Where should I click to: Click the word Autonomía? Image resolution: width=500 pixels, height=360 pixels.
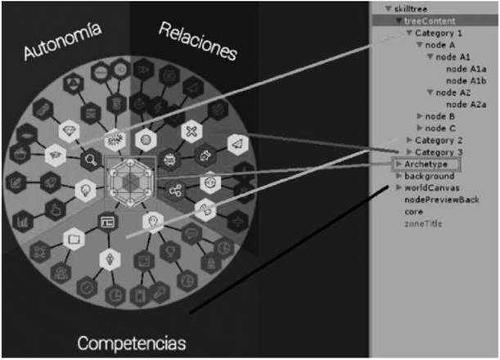coord(63,41)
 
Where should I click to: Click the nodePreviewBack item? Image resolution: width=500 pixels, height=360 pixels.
coord(442,200)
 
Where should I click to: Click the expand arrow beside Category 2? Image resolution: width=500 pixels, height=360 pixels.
coord(409,140)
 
